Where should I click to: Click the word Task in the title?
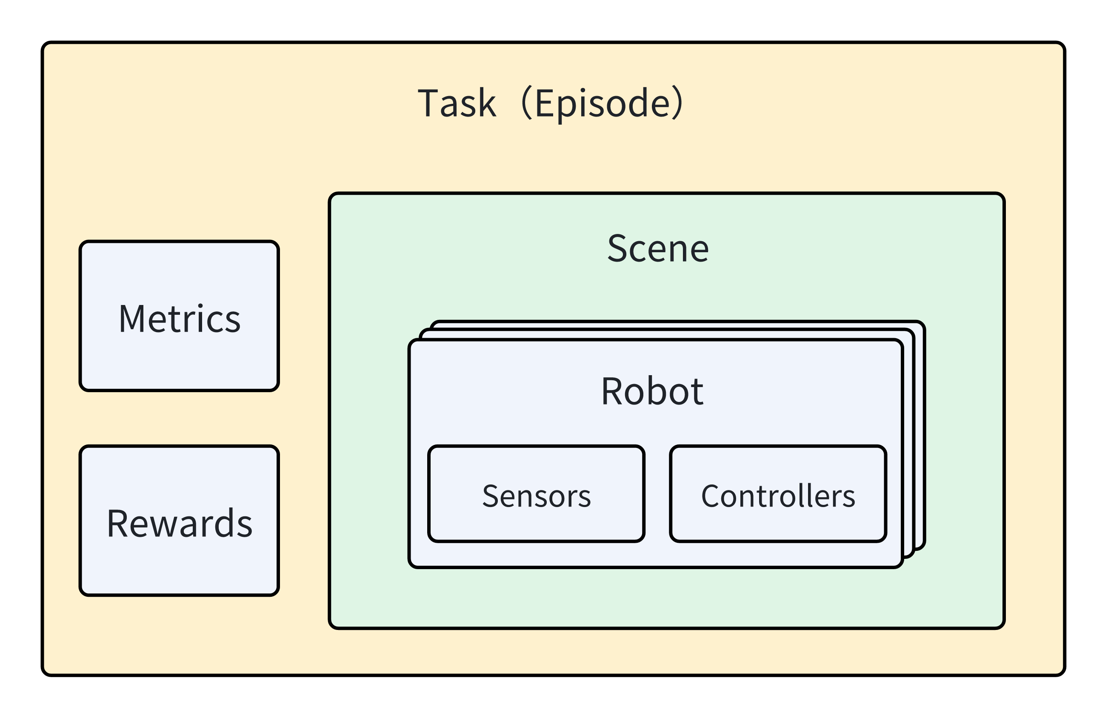click(x=457, y=103)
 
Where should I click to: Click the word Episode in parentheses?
click(x=603, y=103)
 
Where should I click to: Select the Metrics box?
click(x=179, y=316)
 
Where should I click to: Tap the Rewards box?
click(x=179, y=521)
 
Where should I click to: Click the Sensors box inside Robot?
click(x=536, y=494)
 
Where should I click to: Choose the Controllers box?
click(x=778, y=494)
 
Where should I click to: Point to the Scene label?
click(x=658, y=249)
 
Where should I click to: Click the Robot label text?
click(x=652, y=391)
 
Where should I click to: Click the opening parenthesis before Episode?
click(x=526, y=103)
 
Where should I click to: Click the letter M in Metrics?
click(x=131, y=319)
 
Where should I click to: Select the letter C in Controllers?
click(x=711, y=496)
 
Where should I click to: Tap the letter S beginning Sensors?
click(x=491, y=496)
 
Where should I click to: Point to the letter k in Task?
click(x=487, y=103)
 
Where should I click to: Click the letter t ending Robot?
click(x=697, y=392)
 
